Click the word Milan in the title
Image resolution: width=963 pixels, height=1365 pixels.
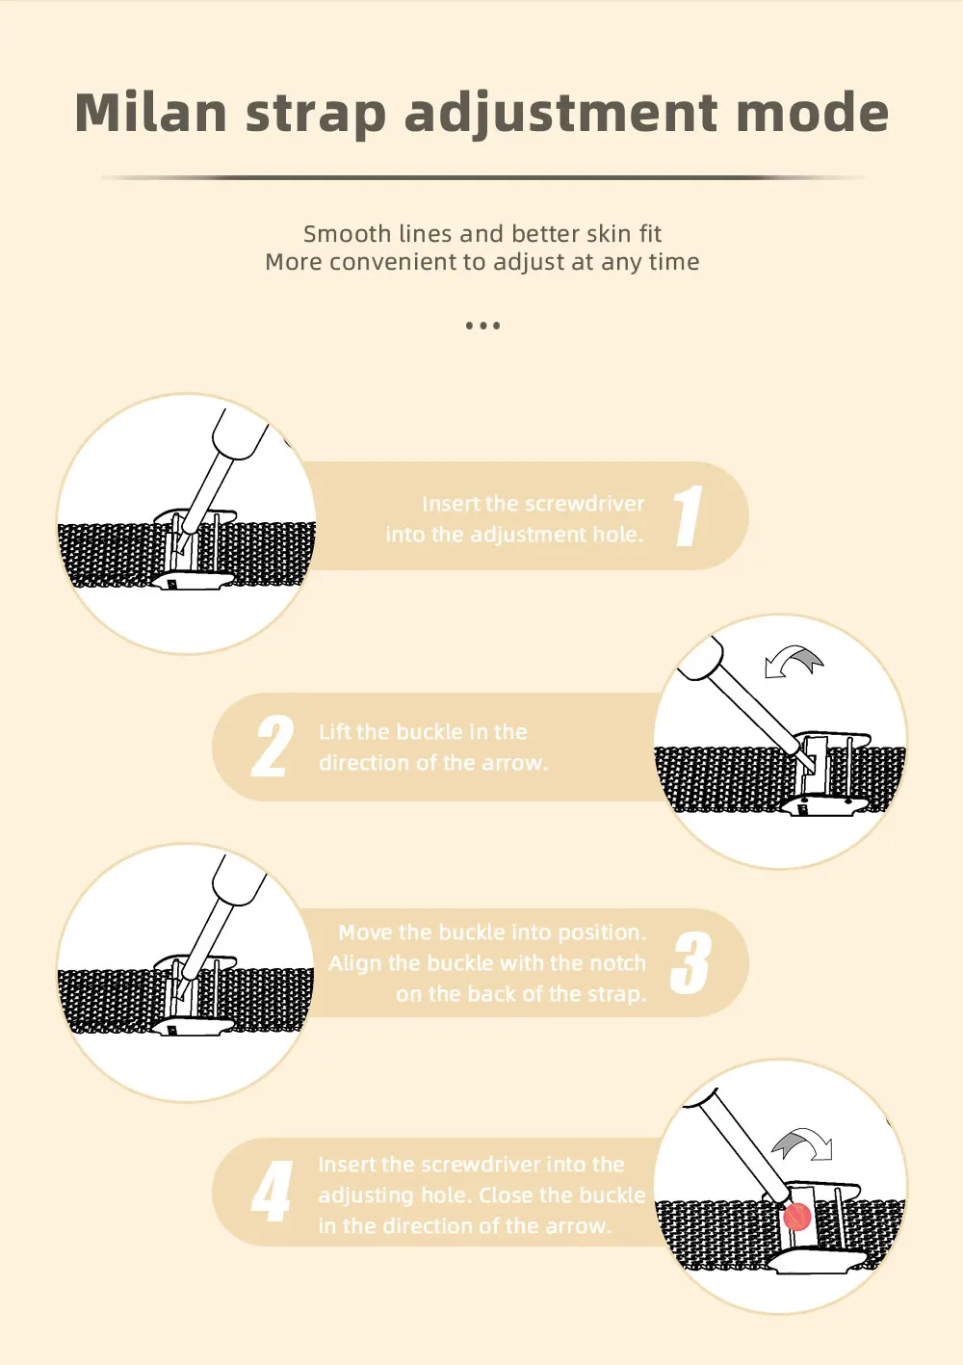coord(151,112)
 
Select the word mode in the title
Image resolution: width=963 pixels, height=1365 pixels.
coord(813,112)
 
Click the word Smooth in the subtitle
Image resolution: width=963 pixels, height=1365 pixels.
coord(348,233)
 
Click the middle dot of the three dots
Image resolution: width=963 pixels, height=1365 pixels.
coord(483,326)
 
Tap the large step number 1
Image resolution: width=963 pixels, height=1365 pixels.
coord(689,515)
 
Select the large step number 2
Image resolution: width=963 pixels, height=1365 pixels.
coord(273,747)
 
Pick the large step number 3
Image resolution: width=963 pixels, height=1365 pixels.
coord(690,962)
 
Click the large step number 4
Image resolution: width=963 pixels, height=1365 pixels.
coord(272,1191)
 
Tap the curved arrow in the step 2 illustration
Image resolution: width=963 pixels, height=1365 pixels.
coord(794,661)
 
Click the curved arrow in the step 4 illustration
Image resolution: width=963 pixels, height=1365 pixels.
coord(802,1143)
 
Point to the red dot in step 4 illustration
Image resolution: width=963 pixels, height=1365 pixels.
coord(796,1216)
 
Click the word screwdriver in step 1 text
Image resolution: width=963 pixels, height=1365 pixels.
coord(585,504)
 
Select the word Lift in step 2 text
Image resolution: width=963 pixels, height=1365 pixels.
coord(335,731)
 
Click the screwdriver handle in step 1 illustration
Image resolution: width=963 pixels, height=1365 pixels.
coord(240,433)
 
